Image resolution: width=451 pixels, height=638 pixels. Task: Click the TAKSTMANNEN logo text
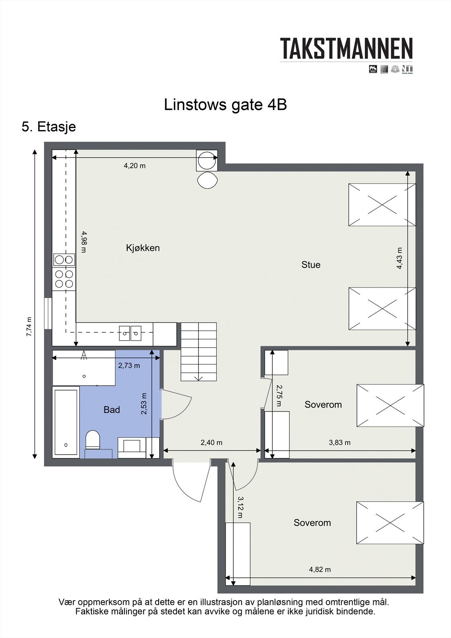coord(346,49)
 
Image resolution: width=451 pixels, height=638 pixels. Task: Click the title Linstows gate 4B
coord(225,105)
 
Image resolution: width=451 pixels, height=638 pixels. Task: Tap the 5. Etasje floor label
coord(49,127)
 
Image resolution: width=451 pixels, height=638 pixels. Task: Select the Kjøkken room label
coord(143,248)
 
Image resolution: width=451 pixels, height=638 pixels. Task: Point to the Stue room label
coord(311,265)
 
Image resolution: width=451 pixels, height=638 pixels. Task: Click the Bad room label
coord(112,410)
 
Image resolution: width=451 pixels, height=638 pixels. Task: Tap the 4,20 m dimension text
coord(134,166)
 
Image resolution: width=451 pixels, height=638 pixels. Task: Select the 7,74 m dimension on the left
coord(29,327)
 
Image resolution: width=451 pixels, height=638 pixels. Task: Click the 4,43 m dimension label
coord(400,258)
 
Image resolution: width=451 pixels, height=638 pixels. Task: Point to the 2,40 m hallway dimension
coord(211,443)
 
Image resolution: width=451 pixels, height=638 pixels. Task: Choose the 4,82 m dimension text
coord(320,569)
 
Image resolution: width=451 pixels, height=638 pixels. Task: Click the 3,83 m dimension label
coord(340,443)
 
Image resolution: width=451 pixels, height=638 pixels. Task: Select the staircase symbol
coord(199,352)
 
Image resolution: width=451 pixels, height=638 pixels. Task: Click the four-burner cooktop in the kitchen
coord(64,279)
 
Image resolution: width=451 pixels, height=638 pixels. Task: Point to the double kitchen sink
coord(130,333)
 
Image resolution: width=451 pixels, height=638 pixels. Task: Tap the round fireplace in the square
coord(207,160)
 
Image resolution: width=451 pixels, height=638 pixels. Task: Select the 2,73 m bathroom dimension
coord(129,365)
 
